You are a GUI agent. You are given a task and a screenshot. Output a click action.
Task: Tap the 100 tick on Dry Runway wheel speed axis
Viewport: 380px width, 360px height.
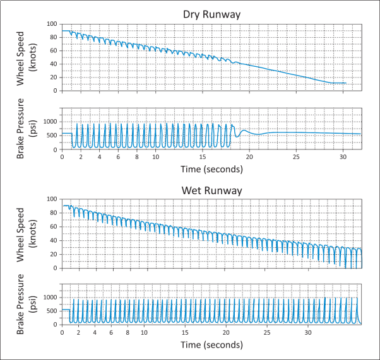point(52,24)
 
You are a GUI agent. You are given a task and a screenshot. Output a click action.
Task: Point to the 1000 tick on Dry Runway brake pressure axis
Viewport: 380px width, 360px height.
point(50,121)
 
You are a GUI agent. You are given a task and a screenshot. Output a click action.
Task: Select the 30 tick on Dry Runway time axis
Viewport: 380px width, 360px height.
point(343,156)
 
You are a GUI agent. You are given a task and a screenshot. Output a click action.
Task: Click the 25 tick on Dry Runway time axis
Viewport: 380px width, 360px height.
point(296,156)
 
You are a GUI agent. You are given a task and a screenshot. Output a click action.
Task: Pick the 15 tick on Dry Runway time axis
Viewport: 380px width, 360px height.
point(202,156)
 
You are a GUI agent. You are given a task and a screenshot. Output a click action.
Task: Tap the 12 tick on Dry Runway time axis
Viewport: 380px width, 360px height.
point(174,156)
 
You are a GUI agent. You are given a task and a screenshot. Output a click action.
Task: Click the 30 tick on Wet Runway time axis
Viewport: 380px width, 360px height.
point(309,332)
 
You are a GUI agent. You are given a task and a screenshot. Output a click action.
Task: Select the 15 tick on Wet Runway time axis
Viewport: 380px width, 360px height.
point(185,332)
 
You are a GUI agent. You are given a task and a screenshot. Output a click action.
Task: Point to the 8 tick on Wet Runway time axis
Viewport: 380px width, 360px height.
point(128,332)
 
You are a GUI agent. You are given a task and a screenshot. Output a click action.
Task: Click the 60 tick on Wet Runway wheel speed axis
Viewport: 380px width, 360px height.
point(54,226)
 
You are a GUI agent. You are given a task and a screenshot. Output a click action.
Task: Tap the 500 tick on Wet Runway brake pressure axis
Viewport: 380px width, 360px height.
point(52,310)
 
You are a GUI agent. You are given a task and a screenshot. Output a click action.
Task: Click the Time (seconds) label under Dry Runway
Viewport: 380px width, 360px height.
point(211,169)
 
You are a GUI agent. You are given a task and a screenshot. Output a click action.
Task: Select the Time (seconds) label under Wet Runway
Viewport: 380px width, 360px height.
point(211,345)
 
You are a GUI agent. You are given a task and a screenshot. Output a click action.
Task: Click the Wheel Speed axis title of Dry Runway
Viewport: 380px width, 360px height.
point(26,57)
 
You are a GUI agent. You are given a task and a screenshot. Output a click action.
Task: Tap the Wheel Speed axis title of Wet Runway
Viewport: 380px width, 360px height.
point(26,233)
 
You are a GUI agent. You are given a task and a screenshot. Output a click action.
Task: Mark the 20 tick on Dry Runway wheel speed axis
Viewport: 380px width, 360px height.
point(54,77)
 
